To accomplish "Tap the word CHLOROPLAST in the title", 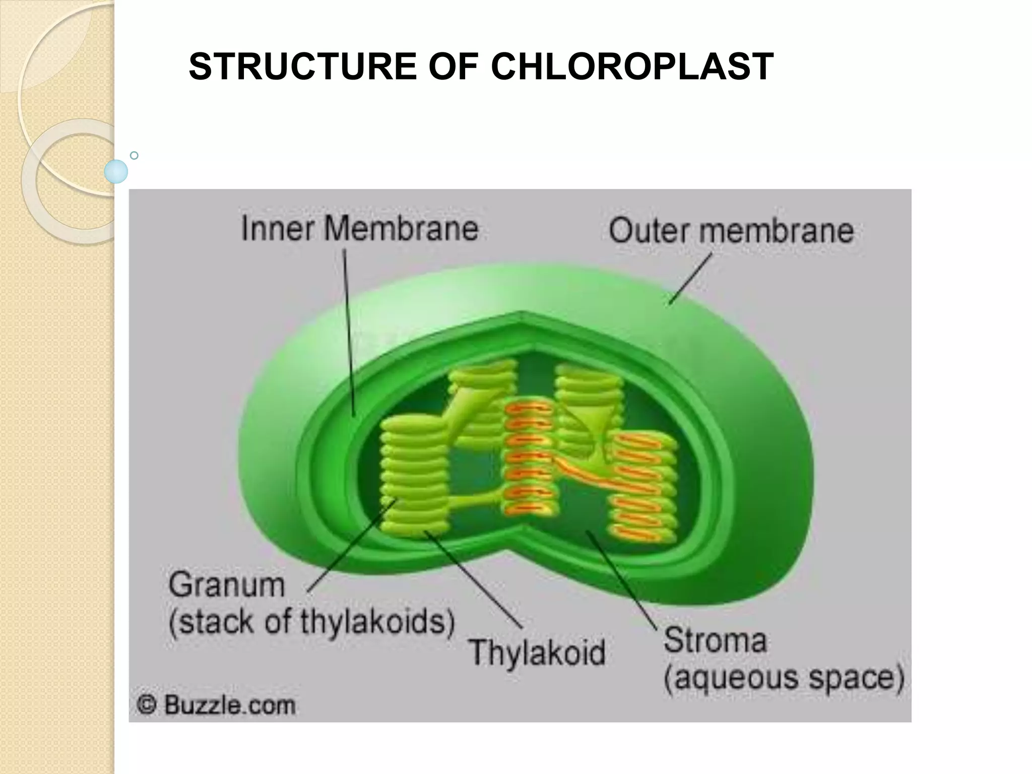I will [632, 67].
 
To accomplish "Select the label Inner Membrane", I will [360, 229].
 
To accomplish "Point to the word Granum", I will [227, 586].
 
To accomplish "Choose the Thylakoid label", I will [537, 653].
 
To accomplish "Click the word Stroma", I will [715, 640].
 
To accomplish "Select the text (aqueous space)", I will [784, 678].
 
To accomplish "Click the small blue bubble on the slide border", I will [116, 171].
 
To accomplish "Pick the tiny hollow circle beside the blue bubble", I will [134, 156].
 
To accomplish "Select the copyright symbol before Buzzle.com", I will [147, 705].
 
